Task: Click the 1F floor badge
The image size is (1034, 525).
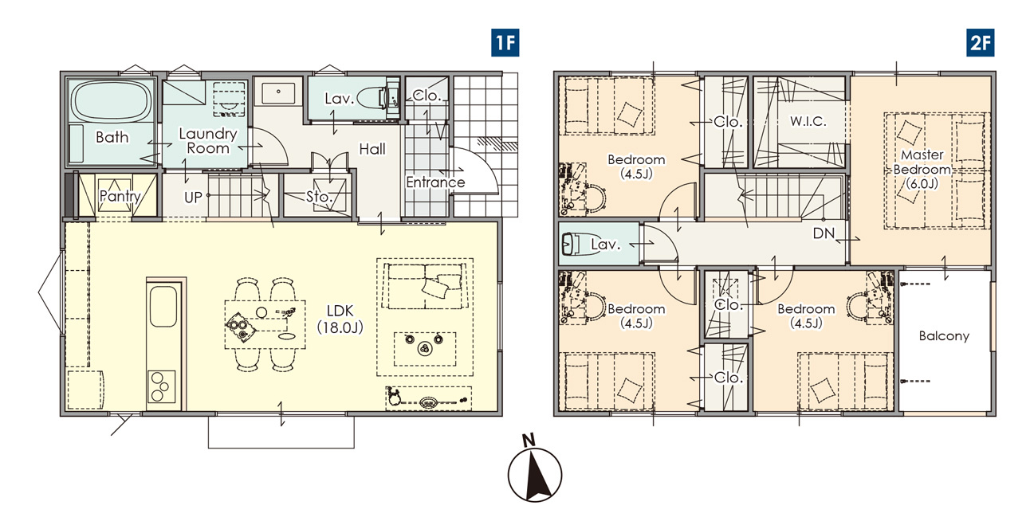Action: coord(505,43)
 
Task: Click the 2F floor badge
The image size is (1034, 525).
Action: coord(981,43)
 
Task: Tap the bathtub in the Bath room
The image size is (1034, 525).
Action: coord(112,102)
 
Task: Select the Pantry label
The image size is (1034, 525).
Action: coord(120,196)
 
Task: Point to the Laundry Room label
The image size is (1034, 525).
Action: coord(208,141)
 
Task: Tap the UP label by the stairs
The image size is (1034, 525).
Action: coord(193,198)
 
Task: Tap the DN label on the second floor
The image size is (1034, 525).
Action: coord(824,233)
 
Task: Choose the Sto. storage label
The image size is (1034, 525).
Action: coord(319,197)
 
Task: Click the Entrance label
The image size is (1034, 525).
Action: coord(435,182)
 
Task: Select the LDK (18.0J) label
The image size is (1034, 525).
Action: coord(340,319)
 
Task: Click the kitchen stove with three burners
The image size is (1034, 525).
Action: coord(162,386)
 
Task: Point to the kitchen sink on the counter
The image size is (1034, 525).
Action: coord(163,307)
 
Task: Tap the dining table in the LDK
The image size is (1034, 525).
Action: coord(265,324)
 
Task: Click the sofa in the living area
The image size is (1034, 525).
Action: coord(425,286)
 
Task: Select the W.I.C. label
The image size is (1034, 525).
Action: coord(808,121)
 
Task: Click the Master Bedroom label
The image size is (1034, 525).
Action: coord(922,169)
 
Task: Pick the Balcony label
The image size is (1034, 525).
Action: coord(944,336)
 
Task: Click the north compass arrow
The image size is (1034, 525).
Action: coord(535,475)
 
